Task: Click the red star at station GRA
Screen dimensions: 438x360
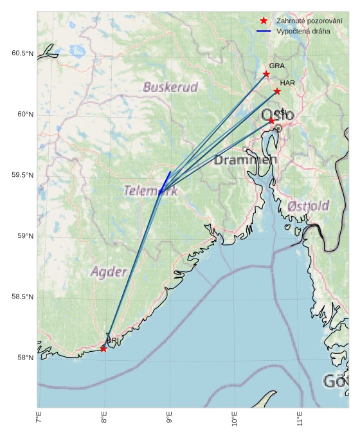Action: (x=266, y=74)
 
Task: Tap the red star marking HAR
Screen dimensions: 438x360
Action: (x=277, y=91)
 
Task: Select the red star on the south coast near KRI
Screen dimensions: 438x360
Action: (x=104, y=349)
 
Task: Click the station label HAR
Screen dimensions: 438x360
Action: (x=287, y=83)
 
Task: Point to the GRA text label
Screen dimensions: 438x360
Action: (x=276, y=66)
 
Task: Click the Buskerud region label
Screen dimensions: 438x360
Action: (x=170, y=87)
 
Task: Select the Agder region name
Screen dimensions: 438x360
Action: (x=109, y=271)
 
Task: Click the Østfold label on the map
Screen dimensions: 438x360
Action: (x=309, y=206)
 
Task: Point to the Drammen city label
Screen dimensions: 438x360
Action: (x=245, y=160)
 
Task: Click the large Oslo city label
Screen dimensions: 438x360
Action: (x=278, y=115)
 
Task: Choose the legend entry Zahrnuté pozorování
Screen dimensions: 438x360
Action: (x=300, y=21)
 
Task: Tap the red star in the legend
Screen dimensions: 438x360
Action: (x=264, y=21)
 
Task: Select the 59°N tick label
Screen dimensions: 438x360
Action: (x=24, y=236)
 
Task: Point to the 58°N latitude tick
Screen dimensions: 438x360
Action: (x=24, y=358)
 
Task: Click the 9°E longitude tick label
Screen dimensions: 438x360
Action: (x=169, y=421)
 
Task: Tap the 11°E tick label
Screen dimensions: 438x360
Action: (x=300, y=421)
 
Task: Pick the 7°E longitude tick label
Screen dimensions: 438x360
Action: (x=39, y=421)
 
